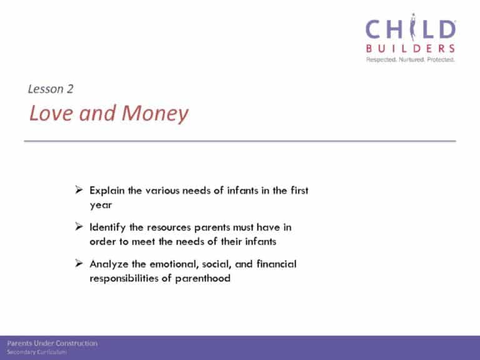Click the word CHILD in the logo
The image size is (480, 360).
pos(411,28)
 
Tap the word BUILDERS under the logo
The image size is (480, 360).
pos(411,48)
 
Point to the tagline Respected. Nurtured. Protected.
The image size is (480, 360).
pos(411,59)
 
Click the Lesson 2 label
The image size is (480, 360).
pos(51,89)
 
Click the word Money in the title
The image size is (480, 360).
pos(155,114)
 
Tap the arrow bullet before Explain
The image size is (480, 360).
pos(79,190)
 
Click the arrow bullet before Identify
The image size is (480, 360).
pos(79,226)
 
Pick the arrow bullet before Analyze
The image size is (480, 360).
pos(79,263)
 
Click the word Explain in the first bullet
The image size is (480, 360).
pos(107,191)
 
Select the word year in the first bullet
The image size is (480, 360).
pos(101,205)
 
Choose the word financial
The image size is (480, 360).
pos(276,264)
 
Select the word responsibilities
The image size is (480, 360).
pos(124,278)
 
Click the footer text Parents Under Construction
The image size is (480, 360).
pos(52,344)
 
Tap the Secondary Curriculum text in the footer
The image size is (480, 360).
pos(37,352)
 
